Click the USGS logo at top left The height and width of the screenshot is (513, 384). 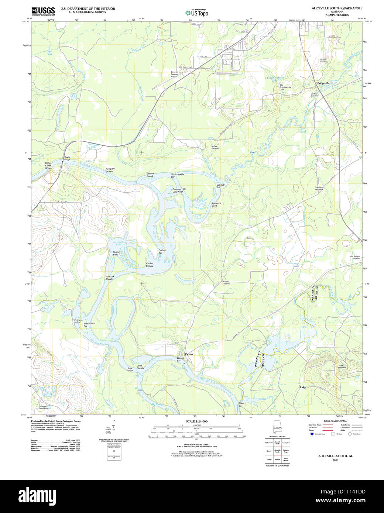pyautogui.click(x=43, y=11)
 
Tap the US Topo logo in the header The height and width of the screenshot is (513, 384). pyautogui.click(x=197, y=13)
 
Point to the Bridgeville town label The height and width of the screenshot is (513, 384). pyautogui.click(x=323, y=83)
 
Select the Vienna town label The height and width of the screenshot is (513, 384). pyautogui.click(x=189, y=354)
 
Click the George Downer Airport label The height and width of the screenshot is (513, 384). pyautogui.click(x=174, y=74)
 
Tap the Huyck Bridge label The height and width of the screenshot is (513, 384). pyautogui.click(x=67, y=158)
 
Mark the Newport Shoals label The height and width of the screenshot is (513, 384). pyautogui.click(x=110, y=170)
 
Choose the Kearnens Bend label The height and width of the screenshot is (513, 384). pyautogui.click(x=216, y=204)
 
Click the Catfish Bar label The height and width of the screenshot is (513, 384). pyautogui.click(x=162, y=251)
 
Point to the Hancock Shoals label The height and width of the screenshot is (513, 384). pyautogui.click(x=110, y=278)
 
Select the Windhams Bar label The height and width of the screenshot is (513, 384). pyautogui.click(x=89, y=324)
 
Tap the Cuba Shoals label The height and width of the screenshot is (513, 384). pyautogui.click(x=140, y=366)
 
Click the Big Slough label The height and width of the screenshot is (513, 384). pyautogui.click(x=158, y=404)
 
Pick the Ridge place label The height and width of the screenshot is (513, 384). pyautogui.click(x=303, y=387)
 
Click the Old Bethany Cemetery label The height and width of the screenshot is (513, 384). pyautogui.click(x=355, y=257)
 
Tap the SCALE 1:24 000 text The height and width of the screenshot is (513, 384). pyautogui.click(x=196, y=421)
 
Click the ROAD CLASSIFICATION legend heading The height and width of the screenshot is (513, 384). pyautogui.click(x=335, y=421)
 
